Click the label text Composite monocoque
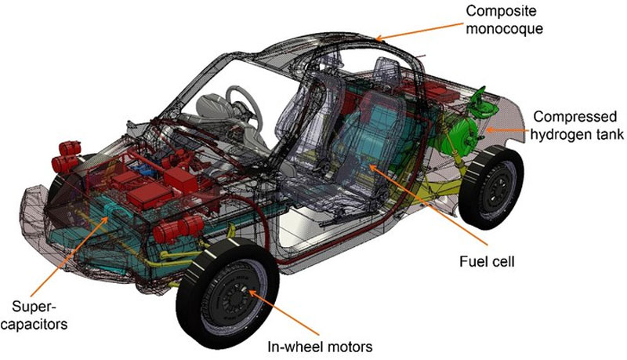coord(504,20)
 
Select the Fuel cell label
coord(487,262)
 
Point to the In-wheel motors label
coord(320,347)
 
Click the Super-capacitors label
coord(34,315)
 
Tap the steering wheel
coord(244,105)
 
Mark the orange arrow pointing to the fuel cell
coord(428,204)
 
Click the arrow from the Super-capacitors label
coord(68,256)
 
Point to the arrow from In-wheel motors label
coord(284,312)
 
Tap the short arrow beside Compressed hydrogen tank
coord(505,129)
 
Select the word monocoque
coord(504,28)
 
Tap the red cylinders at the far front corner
coord(66,157)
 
